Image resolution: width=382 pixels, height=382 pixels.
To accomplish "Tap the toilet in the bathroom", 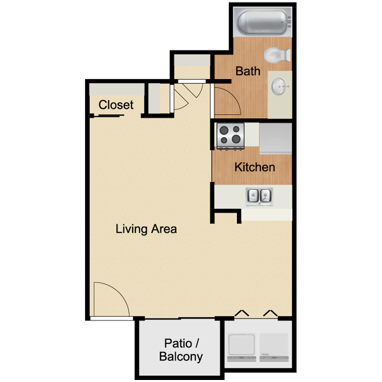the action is [277, 55].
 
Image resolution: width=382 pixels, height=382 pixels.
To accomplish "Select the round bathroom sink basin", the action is [279, 86].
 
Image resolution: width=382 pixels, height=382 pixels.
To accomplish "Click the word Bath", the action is [248, 71].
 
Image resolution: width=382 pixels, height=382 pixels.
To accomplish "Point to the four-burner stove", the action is [230, 136].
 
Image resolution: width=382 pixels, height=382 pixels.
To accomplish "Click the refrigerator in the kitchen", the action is [276, 139].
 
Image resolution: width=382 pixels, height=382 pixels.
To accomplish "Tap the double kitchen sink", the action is [259, 196].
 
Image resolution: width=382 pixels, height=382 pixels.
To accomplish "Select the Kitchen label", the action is [255, 167].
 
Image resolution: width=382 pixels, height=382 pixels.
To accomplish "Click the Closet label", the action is [116, 105].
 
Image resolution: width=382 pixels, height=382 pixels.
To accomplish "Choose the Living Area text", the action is [146, 229].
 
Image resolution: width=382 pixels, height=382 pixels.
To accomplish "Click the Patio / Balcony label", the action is [181, 350].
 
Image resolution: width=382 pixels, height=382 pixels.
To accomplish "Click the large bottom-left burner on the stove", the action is [224, 141].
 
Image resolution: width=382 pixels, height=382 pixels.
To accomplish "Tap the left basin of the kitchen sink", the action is [253, 195].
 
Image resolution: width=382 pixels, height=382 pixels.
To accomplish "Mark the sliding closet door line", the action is [109, 116].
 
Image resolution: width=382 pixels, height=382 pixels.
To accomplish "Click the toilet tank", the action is [288, 55].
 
